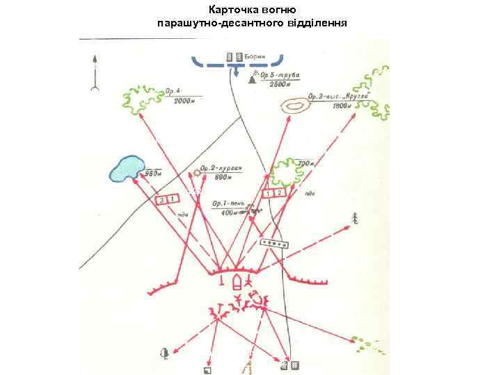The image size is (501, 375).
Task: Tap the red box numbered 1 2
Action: (x=275, y=192)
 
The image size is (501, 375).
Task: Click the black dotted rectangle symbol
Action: (x=273, y=244)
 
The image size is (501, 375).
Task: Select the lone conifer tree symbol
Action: (x=356, y=217)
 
